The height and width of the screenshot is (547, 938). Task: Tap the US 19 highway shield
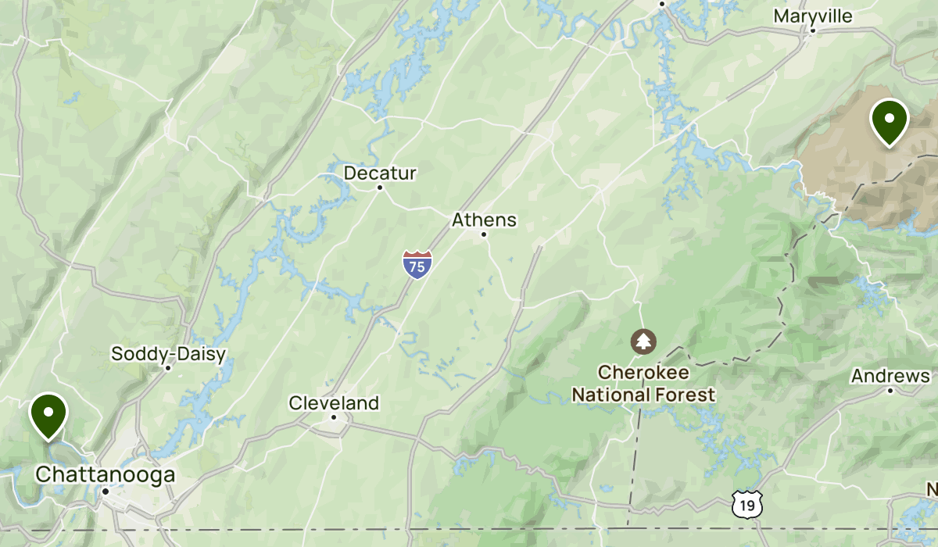[x=748, y=505]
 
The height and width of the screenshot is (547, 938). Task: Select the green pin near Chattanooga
[x=48, y=415]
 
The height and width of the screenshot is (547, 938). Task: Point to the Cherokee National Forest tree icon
[x=643, y=341]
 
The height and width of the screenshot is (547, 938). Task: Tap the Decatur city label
[x=381, y=173]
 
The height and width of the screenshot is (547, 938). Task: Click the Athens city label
[x=484, y=220]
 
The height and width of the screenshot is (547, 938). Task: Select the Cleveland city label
[x=334, y=403]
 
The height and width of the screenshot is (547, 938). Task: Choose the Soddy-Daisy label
[x=168, y=354]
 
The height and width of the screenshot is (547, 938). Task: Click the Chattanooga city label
[x=105, y=474]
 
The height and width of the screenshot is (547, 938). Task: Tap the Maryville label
[x=813, y=16]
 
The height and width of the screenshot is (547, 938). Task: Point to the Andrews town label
[x=890, y=376]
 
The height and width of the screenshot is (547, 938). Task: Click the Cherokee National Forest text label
[x=643, y=383]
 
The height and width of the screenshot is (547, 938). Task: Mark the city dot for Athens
[x=484, y=234]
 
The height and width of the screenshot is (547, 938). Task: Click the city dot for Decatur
[x=380, y=188]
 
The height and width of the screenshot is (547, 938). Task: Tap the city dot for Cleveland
[x=334, y=417]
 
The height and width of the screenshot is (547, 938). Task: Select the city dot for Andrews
[x=890, y=390]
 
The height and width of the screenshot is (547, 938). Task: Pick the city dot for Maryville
[x=813, y=31]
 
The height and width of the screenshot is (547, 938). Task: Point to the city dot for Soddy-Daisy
[x=168, y=368]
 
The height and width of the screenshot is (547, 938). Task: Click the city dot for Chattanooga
[x=105, y=491]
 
